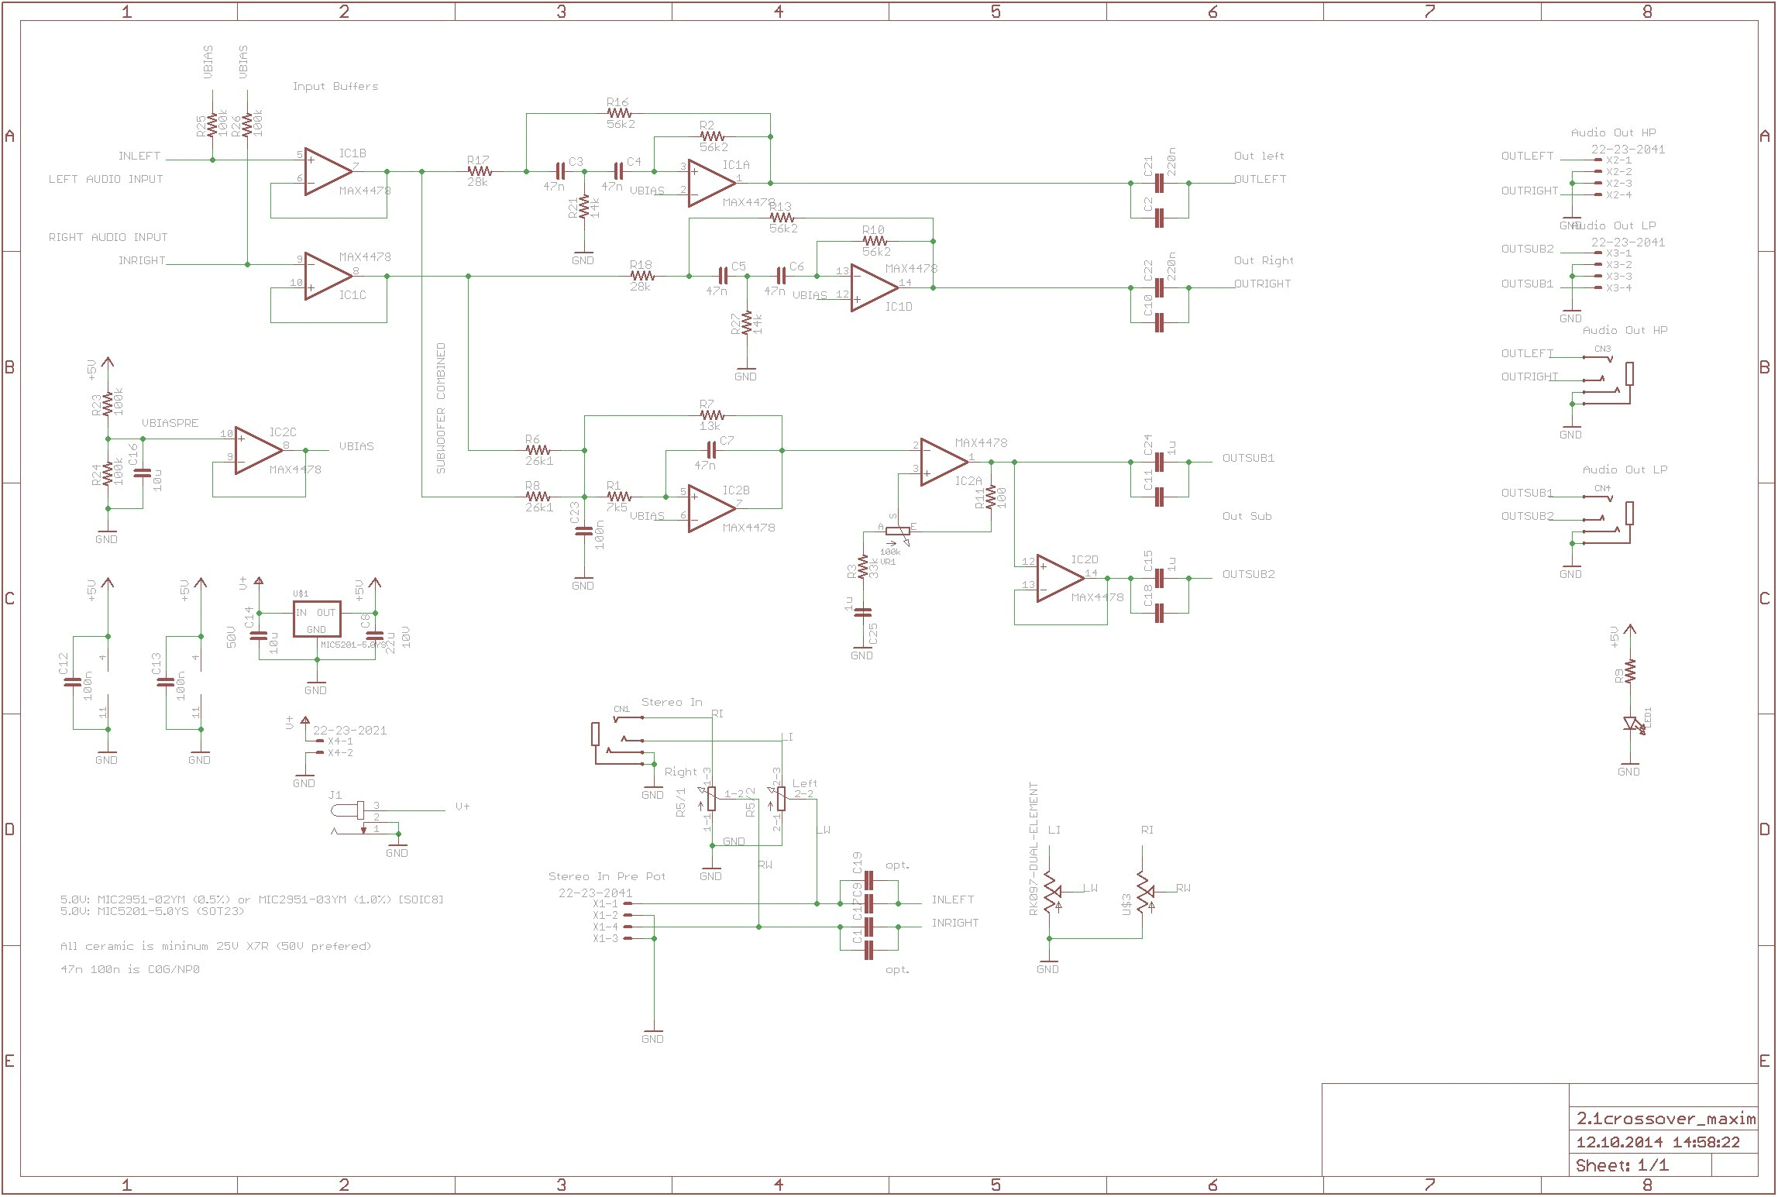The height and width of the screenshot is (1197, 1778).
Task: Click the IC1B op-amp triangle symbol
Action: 327,172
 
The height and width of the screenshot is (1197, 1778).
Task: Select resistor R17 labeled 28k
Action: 480,171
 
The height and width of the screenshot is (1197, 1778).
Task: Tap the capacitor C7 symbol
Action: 711,450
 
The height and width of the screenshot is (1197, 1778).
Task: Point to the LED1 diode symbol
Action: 1631,724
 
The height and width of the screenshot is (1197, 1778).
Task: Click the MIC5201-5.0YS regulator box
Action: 317,619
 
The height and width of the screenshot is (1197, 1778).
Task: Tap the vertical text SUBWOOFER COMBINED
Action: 441,408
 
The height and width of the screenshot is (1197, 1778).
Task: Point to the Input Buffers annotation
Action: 335,86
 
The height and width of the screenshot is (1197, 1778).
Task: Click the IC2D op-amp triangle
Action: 1059,579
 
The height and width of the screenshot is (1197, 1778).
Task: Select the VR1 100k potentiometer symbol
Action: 897,532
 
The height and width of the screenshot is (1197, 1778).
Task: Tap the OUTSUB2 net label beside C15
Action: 1248,574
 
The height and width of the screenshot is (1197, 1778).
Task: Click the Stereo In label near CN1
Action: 671,702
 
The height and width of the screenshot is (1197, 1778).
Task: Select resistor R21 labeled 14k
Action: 584,208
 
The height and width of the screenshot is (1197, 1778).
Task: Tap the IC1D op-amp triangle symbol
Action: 873,287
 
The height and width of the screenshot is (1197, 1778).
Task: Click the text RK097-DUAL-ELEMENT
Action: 1033,848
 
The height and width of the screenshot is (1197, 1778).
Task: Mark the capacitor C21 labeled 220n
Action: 1159,183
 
